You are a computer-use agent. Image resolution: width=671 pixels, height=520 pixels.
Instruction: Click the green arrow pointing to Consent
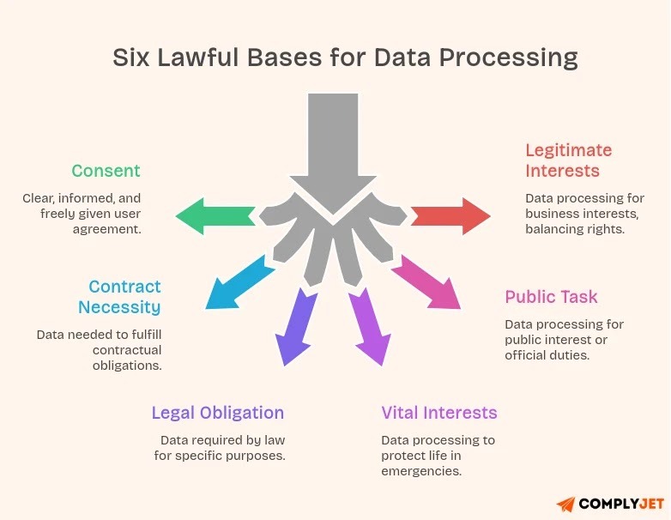click(x=215, y=215)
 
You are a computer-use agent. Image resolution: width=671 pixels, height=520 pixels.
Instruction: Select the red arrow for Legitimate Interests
click(x=451, y=215)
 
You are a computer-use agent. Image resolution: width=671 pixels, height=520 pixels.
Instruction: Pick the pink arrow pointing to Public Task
click(x=426, y=284)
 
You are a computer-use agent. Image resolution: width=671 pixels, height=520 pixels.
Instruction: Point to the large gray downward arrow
click(x=333, y=146)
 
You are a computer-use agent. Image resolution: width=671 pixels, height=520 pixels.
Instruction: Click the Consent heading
click(x=106, y=171)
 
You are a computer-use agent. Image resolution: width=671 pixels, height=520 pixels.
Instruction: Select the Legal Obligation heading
click(x=217, y=413)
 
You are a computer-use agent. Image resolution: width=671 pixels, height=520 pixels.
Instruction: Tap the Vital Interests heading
click(x=438, y=413)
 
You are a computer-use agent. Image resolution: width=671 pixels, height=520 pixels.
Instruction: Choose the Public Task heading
click(x=551, y=297)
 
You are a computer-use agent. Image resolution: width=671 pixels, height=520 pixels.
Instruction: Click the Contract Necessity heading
click(x=119, y=296)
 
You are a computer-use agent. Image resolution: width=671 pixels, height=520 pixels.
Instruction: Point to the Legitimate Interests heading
click(x=568, y=160)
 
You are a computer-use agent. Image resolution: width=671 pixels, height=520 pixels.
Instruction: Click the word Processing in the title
click(x=508, y=58)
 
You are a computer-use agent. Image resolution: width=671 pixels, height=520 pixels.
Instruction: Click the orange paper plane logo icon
click(x=565, y=504)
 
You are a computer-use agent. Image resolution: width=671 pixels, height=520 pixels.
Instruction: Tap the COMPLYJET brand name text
click(x=618, y=504)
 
